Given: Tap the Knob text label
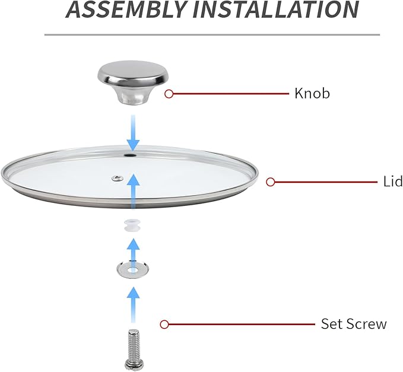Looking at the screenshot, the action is [312, 93].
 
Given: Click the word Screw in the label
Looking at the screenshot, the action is [366, 324].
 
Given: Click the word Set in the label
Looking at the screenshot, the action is [332, 324].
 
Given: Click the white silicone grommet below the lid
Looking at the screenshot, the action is [132, 225].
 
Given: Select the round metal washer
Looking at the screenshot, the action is [132, 270].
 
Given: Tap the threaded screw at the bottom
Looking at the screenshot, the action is [133, 351].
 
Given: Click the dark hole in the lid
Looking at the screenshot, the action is [131, 155].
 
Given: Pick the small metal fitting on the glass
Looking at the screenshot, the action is [117, 178].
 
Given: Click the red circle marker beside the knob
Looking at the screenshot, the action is [169, 94].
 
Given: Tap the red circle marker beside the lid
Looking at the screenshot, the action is [271, 182].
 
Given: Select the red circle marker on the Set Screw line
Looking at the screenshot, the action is [164, 324].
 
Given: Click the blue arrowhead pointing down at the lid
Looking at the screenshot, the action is [133, 145].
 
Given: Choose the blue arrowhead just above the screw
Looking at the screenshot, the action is [133, 293].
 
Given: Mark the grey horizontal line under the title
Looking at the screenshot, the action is [212, 34].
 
